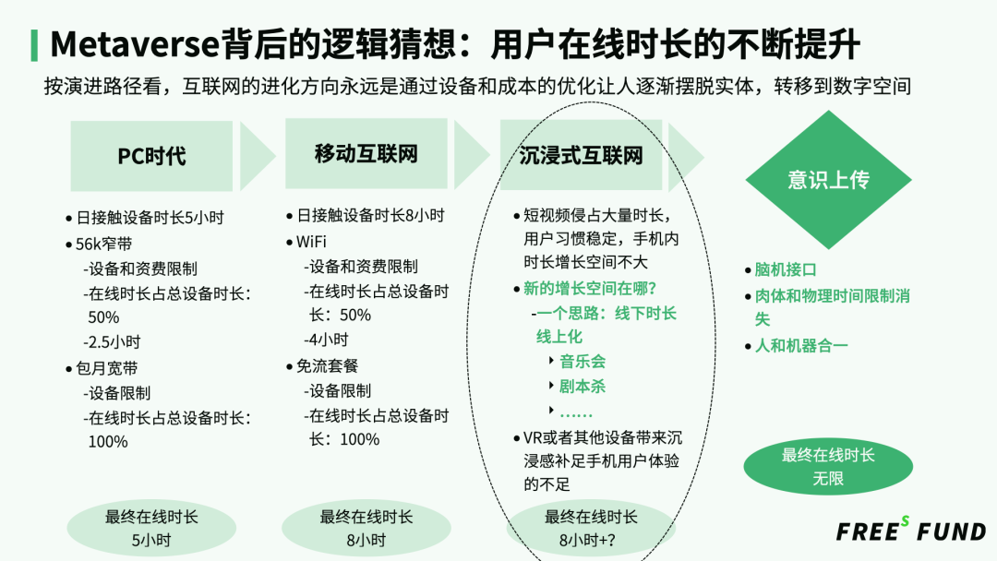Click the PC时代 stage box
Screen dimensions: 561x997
151,156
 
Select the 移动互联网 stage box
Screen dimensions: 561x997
366,153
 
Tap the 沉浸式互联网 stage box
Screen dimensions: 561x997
581,155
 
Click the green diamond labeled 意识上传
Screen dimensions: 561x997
827,179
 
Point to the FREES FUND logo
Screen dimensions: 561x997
911,531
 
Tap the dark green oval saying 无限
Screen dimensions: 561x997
827,468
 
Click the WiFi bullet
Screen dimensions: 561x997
311,242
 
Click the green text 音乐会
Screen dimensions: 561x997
583,362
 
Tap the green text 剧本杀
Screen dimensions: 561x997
583,387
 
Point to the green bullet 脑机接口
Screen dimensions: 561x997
786,269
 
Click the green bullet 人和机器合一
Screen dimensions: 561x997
801,346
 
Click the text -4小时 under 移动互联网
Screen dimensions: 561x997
327,340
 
